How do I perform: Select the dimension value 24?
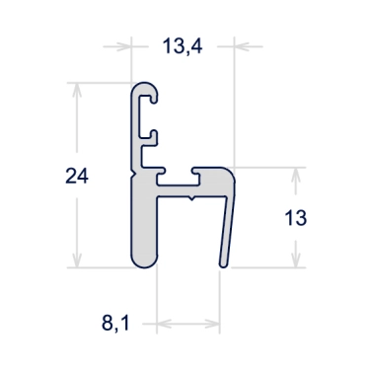coord(77,177)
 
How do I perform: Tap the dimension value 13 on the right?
coord(311,218)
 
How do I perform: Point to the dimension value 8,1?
coord(115,322)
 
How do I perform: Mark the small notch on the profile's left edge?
coord(131,174)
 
